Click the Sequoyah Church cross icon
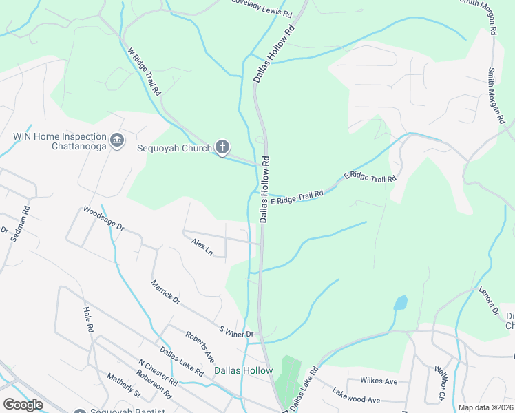pos(222,146)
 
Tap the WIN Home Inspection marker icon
pos(116,140)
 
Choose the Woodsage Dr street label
pos(103,217)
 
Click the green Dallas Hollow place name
pos(243,370)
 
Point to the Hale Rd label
pos(88,320)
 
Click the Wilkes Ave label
pos(379,381)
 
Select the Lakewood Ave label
pos(356,399)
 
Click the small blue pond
pos(400,302)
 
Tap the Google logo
pos(23,405)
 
